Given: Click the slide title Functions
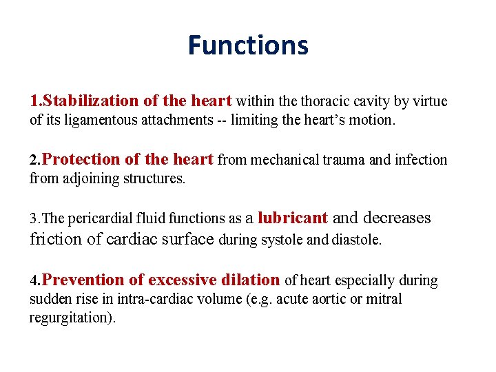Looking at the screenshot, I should (248, 45).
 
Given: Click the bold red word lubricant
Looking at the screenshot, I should (291, 218).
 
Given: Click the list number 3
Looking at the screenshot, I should (34, 219).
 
